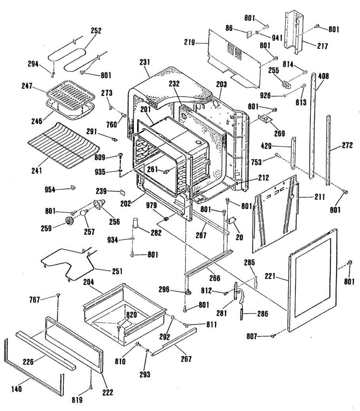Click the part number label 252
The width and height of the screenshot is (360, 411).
96,30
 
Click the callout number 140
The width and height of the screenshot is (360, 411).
16,389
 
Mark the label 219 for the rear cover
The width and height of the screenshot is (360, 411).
189,42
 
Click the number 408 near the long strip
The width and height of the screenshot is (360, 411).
323,76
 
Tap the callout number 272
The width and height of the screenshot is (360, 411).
347,146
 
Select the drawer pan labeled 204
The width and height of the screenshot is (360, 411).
123,308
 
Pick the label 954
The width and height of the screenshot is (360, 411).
50,189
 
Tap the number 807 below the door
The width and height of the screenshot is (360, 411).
252,337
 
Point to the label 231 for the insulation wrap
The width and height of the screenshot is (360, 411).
145,62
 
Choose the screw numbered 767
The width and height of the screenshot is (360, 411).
59,295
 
